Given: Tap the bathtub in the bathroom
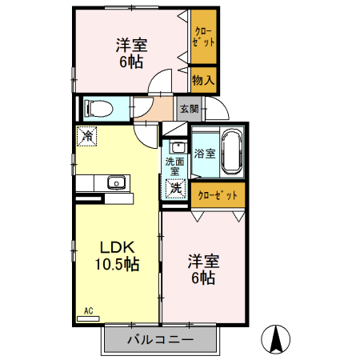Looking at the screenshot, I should point(232,152).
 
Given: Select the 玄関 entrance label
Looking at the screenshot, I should point(188,108).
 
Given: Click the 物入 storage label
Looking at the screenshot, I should point(203,80).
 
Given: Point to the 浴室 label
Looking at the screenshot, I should point(204,153).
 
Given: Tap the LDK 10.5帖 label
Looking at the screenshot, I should point(119,254).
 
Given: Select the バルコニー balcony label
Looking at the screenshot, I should point(160,339).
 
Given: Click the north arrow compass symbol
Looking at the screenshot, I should point(276,339).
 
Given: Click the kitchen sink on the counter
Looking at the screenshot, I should point(115,183).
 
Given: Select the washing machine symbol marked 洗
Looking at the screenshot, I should point(175,188).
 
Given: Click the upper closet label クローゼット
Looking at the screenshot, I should point(203,38).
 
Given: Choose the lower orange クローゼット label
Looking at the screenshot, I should point(218,194).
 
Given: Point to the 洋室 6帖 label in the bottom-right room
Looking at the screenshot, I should point(202,269).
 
